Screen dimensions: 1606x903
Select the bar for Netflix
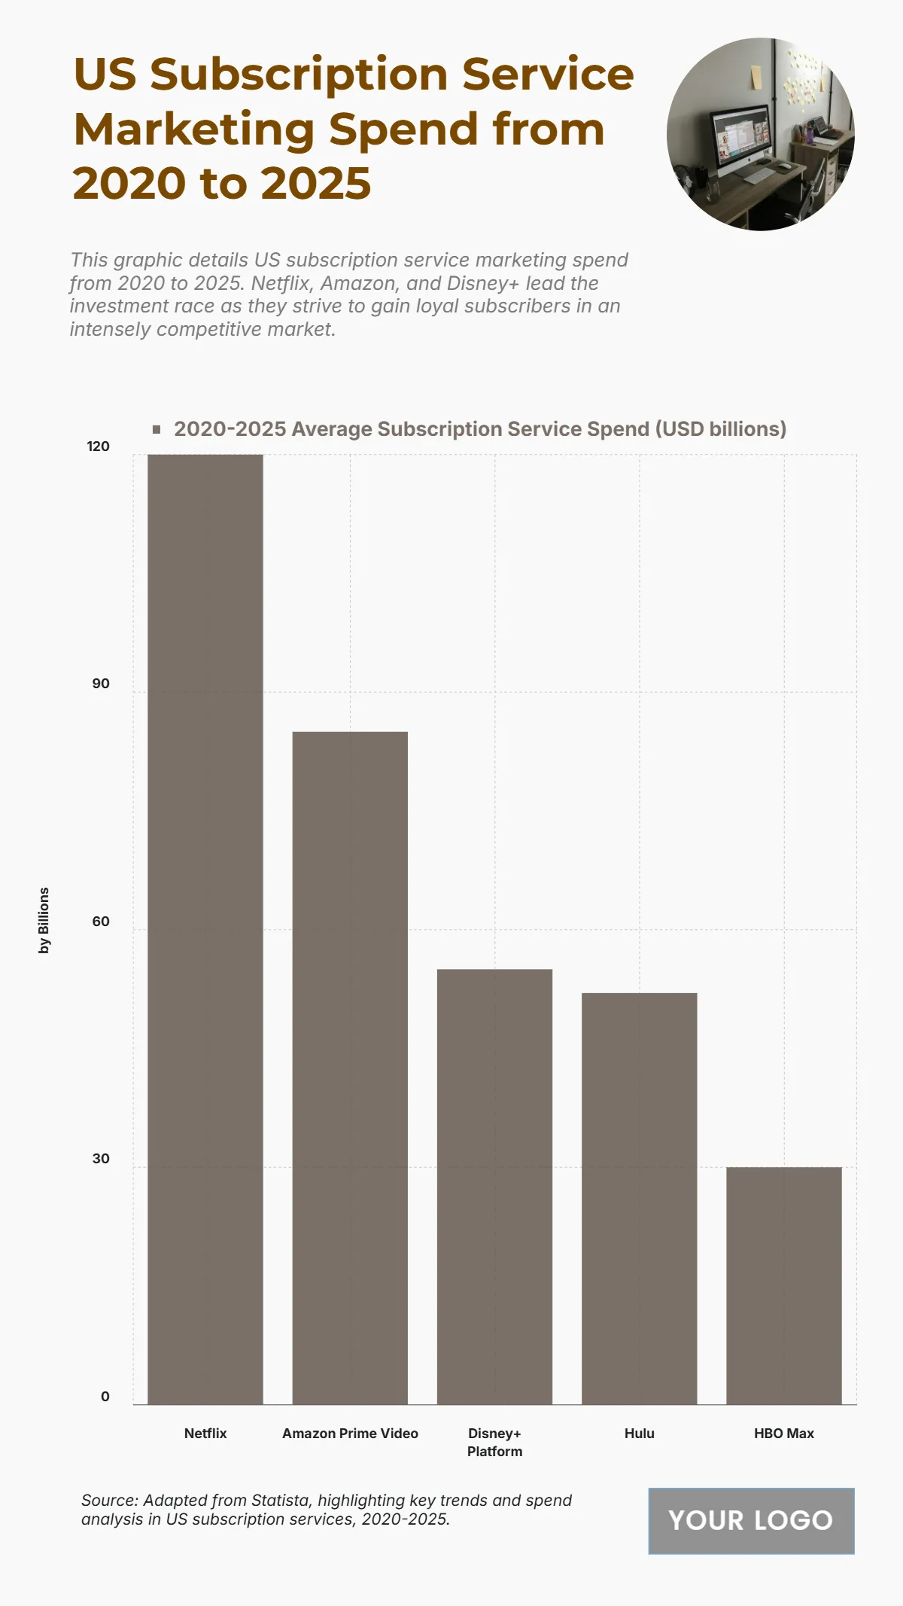205,929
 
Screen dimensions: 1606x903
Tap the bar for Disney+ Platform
494,1187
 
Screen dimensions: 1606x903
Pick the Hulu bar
639,1199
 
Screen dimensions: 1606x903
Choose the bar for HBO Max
783,1285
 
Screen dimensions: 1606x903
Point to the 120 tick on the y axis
99,446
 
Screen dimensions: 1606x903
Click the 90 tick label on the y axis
101,684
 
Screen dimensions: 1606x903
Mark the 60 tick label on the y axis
101,922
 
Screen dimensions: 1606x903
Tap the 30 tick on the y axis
101,1159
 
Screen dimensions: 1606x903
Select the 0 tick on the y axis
105,1397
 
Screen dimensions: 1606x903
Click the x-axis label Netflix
205,1434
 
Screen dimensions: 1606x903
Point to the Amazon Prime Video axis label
350,1434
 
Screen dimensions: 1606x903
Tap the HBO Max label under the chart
783,1434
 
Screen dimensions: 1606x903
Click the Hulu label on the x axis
639,1434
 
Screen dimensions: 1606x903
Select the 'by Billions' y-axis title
44,920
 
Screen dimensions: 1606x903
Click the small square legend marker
157,429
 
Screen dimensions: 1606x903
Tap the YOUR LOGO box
751,1520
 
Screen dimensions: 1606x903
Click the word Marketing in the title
193,130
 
